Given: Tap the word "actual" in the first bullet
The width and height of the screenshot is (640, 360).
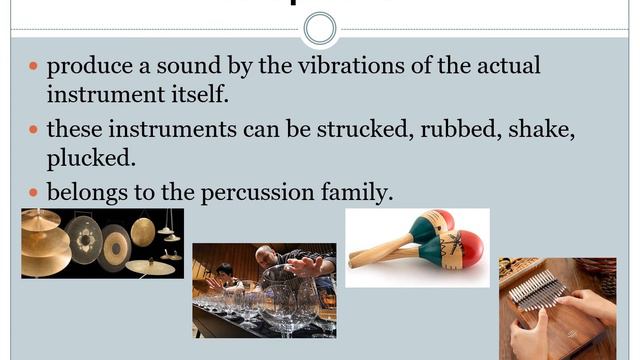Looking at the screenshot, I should (x=505, y=68).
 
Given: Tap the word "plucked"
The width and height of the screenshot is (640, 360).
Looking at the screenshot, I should (x=88, y=159).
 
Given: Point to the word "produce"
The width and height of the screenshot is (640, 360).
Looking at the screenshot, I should (x=88, y=68).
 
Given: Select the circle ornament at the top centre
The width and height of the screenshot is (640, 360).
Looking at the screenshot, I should (x=320, y=27).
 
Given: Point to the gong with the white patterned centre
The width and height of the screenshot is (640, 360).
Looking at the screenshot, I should (x=84, y=240).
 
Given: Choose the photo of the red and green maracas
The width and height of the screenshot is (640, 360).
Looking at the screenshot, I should (x=417, y=245).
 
